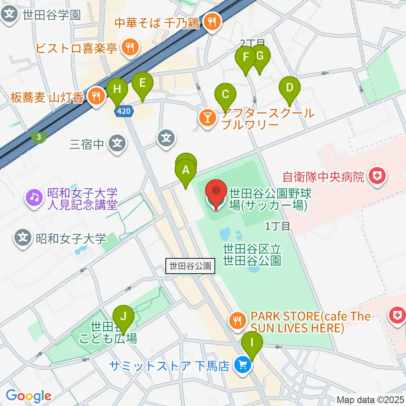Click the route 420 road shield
(123, 111)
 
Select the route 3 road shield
(39, 137)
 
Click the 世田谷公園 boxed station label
(190, 266)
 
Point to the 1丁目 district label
(277, 226)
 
